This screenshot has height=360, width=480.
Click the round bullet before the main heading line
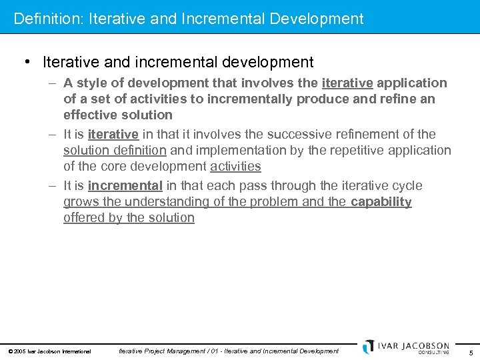tap(27, 62)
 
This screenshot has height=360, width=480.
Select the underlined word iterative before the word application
tap(347, 83)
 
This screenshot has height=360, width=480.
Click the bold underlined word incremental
tap(125, 185)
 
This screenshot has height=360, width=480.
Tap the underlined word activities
tap(235, 166)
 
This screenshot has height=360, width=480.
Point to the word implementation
tap(238, 150)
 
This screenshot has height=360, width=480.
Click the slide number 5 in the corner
tap(471, 352)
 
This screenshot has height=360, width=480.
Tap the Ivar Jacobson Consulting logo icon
tap(369, 347)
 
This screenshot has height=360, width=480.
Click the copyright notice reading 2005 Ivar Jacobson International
tap(49, 351)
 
